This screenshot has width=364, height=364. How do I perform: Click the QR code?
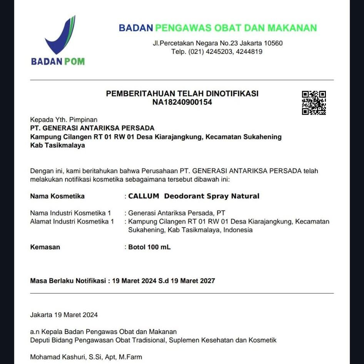coord(314,103)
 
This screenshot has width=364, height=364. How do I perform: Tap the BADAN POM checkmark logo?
coord(61,35)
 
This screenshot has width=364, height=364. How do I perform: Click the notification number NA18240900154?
coord(182,102)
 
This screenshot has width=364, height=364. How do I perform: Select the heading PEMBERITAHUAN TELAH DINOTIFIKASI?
coord(182,94)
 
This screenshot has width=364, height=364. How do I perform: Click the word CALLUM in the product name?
coord(144,196)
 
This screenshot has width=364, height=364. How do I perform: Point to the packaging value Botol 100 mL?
coord(149,247)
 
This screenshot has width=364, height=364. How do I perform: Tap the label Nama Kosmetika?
coord(57,196)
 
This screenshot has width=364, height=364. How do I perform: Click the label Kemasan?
coord(45,247)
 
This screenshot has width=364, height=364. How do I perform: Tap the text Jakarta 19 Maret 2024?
coord(64,315)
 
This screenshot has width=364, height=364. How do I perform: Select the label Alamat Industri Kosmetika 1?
coord(72,222)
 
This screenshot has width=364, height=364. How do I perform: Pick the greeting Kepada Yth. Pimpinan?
coord(64,120)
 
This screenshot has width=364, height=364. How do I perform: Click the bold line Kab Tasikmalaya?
coord(57,145)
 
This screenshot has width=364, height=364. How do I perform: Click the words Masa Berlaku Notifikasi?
coord(68,281)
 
